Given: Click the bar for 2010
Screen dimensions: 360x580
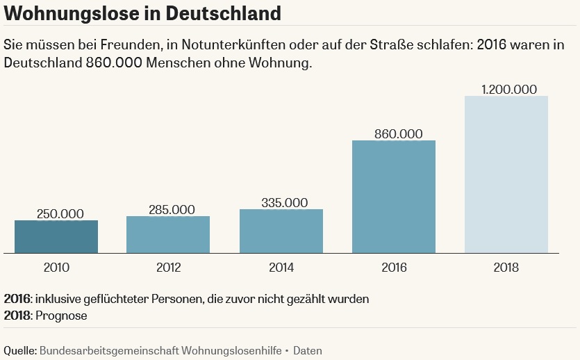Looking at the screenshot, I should click(x=56, y=236).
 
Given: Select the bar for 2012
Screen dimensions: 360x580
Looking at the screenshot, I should click(x=168, y=234).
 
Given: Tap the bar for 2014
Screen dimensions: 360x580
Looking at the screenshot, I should click(x=281, y=231).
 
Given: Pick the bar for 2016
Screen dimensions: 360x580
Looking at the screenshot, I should click(x=394, y=197).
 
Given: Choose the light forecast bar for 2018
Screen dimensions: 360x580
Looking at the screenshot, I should click(x=506, y=174).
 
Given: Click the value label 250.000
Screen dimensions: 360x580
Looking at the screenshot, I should click(x=56, y=213).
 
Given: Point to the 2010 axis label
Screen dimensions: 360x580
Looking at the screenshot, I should click(x=56, y=268).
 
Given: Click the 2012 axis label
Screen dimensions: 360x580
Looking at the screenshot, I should click(x=169, y=268).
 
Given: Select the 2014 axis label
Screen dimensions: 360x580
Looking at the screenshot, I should click(x=281, y=268).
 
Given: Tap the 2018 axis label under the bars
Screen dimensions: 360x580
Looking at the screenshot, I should click(x=506, y=268).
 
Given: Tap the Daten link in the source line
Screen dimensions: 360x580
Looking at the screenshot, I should click(x=307, y=351).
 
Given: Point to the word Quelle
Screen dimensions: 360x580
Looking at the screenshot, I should click(x=19, y=351).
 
